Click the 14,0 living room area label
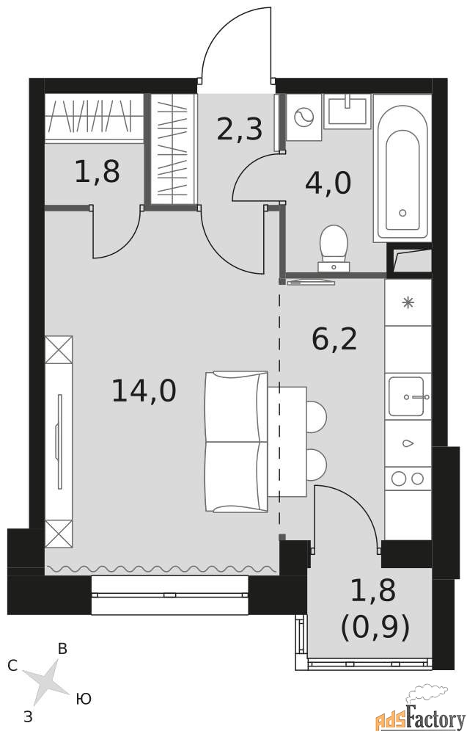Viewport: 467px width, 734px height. [x=144, y=390]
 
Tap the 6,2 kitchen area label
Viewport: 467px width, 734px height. [x=334, y=339]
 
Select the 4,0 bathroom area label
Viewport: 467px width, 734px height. [x=328, y=183]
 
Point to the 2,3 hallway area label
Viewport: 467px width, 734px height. [x=239, y=128]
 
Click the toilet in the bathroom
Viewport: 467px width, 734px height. [x=334, y=249]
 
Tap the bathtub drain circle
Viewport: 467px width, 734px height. [x=402, y=213]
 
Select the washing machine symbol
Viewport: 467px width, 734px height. [x=304, y=117]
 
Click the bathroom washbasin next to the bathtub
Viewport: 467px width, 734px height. [x=348, y=111]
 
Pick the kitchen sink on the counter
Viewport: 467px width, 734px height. [x=407, y=396]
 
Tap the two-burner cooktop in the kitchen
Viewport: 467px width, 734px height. [x=408, y=479]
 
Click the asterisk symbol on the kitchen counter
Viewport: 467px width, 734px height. [x=408, y=303]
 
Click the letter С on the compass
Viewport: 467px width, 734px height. [x=12, y=665]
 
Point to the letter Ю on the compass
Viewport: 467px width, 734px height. [x=84, y=700]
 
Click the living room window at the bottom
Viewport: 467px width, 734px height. [x=169, y=595]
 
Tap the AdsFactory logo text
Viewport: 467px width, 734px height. [x=421, y=716]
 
